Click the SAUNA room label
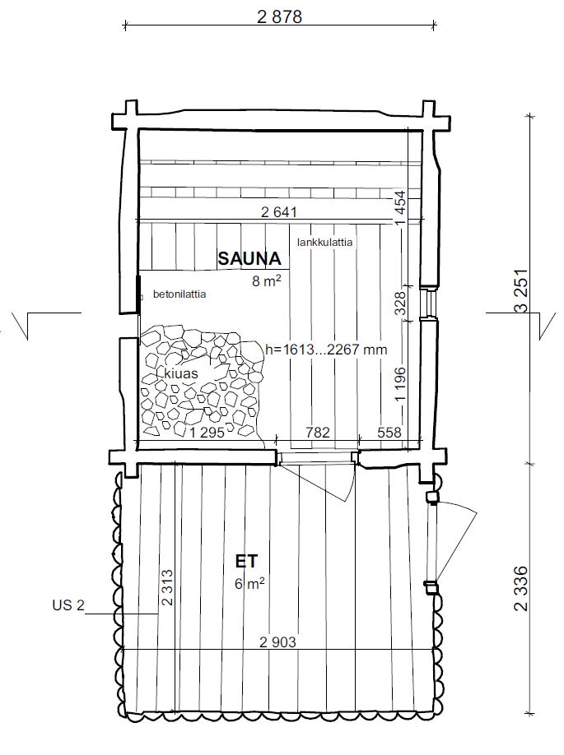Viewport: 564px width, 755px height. coord(249,258)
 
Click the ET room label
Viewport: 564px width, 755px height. coord(246,562)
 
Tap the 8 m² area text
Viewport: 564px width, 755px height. coord(267,281)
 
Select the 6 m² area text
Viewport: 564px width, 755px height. coord(249,584)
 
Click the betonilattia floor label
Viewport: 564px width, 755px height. coord(179,294)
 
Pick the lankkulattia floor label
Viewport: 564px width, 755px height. coord(325,242)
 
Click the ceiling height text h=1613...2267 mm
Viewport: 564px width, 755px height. coord(326,349)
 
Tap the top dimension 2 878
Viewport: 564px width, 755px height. coord(280,17)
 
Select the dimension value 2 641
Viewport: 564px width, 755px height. coord(279,212)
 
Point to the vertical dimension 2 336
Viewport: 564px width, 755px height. coord(521,588)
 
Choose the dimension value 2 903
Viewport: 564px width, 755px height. coord(277,642)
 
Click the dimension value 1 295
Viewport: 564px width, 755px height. coord(207,433)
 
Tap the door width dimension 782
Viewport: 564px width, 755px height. coord(317,432)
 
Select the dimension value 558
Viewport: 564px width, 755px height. coord(389,432)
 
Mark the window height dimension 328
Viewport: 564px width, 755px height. coord(401,303)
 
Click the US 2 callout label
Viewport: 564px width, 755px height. coord(68,605)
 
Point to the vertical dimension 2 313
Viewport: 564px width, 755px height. coord(167,588)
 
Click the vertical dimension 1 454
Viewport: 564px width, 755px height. coord(400,208)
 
